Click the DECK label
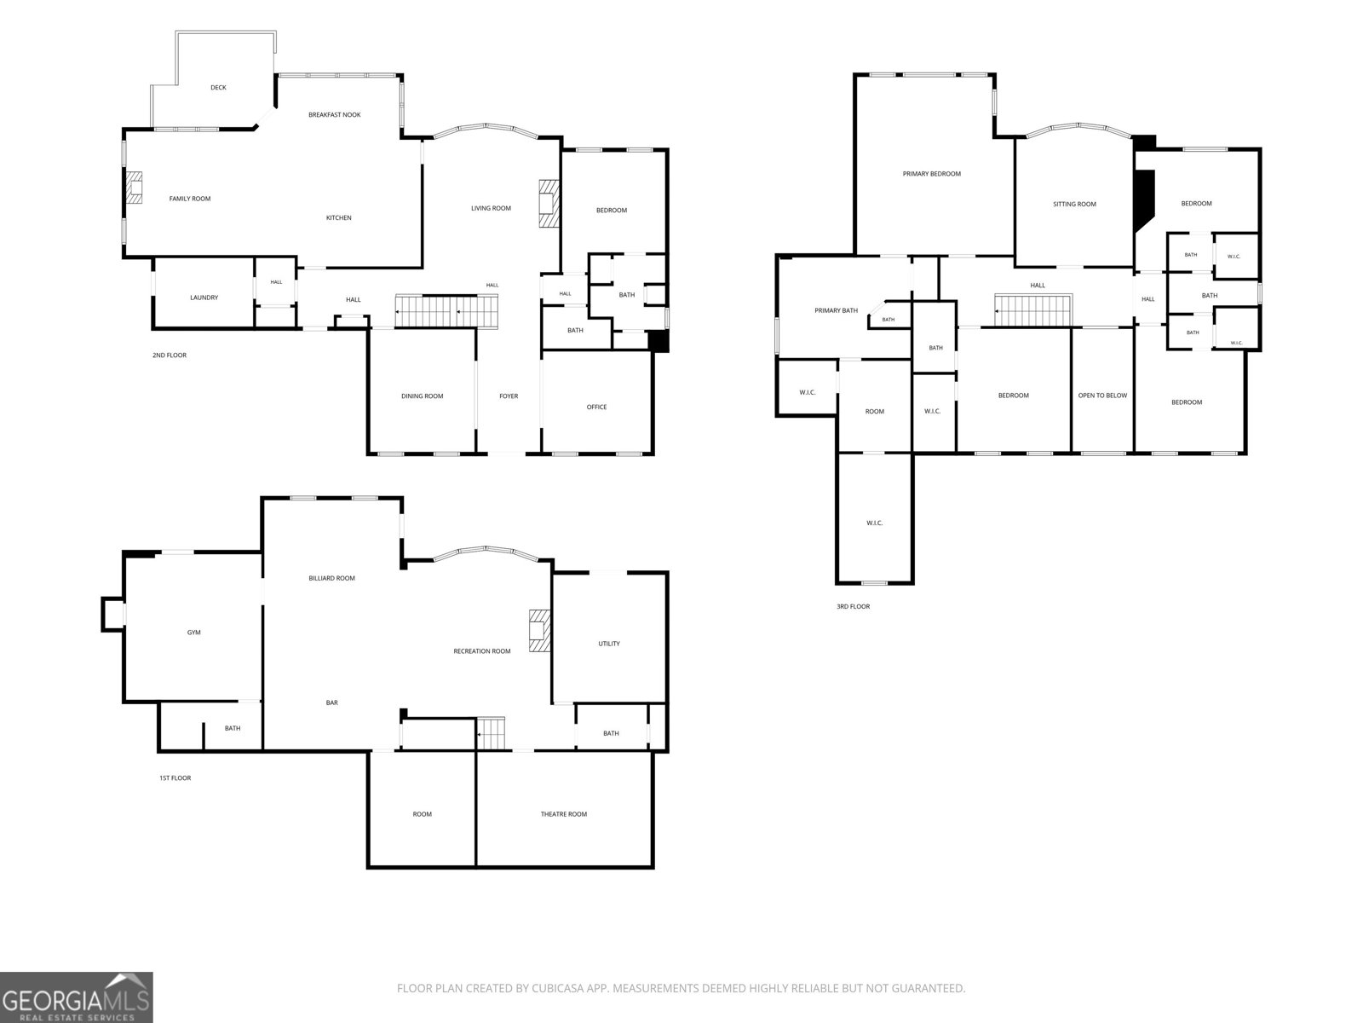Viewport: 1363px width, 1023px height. point(218,88)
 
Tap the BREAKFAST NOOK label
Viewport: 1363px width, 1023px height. point(334,115)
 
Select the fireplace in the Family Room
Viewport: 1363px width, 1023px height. point(135,187)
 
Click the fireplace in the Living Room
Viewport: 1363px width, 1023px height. point(549,203)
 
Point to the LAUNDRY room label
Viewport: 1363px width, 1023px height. point(204,298)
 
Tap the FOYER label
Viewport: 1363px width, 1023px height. point(509,396)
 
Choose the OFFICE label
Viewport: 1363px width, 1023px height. point(596,407)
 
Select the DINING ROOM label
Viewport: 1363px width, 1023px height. point(423,396)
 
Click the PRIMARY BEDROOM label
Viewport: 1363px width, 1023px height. point(931,174)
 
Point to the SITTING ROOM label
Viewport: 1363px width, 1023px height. point(1074,204)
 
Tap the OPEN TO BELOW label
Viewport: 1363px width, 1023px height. point(1102,395)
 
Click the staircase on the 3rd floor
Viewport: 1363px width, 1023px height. point(1034,310)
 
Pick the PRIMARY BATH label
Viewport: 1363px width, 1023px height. point(836,310)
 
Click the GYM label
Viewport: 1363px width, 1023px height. point(193,633)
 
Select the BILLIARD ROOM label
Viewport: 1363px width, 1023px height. point(331,578)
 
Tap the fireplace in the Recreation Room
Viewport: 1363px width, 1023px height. point(539,631)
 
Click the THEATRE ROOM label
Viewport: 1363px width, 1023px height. point(563,813)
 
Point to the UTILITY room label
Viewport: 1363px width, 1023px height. point(608,644)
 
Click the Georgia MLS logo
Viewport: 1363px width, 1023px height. point(77,997)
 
